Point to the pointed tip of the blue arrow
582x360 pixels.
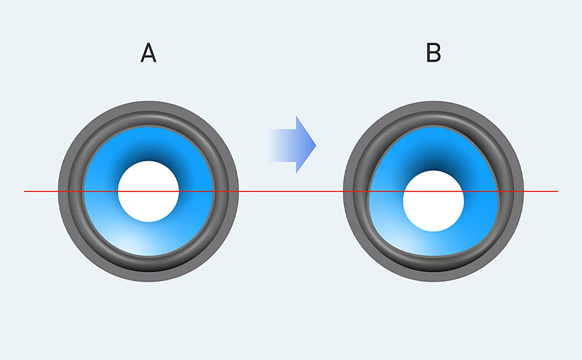pos(315,144)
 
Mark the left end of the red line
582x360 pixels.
pos(25,191)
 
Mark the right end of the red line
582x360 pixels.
pos(557,191)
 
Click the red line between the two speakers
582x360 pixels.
pos(291,191)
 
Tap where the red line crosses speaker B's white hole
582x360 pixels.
pos(434,191)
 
